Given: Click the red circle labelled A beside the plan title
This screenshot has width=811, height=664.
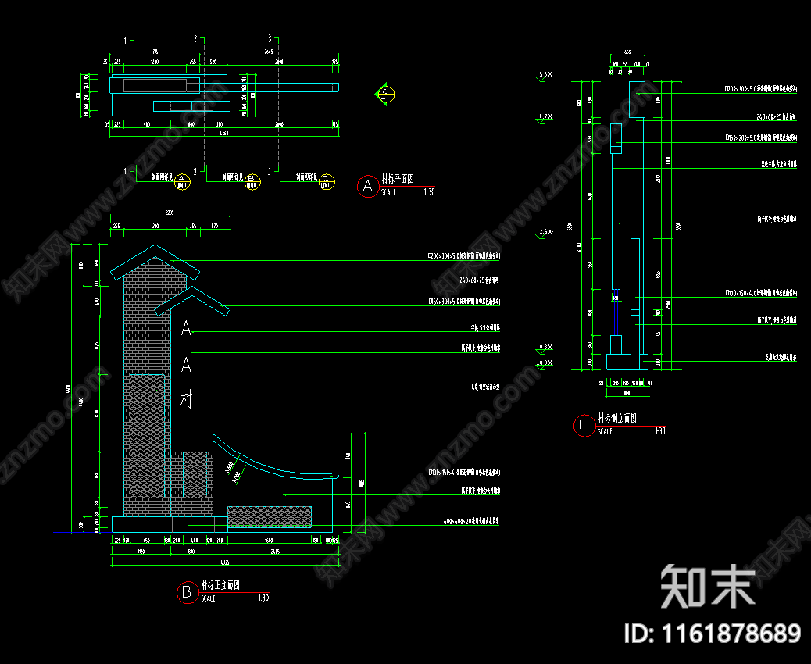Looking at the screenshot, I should (x=367, y=186).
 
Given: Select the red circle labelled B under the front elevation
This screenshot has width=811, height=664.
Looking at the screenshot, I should (x=187, y=592).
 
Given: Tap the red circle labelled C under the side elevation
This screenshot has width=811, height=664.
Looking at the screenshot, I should (x=584, y=426).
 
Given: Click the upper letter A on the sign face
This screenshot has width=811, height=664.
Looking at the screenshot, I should (x=186, y=329).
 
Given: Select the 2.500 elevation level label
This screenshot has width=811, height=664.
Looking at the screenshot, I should (x=545, y=232).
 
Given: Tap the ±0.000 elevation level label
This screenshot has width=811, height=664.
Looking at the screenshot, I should (x=545, y=362).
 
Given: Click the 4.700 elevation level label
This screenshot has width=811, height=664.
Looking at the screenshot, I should (x=545, y=116).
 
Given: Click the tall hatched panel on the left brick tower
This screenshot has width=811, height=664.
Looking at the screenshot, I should (x=147, y=436).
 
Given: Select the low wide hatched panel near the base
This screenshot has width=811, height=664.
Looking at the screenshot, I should (x=270, y=516).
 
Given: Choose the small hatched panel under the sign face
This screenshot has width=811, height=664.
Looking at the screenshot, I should (x=195, y=475).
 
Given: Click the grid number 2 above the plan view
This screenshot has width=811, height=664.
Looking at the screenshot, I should (x=195, y=39).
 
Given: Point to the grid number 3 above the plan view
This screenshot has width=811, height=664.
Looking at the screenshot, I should (x=270, y=39).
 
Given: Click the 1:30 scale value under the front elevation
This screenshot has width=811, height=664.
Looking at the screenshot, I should (x=263, y=598).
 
